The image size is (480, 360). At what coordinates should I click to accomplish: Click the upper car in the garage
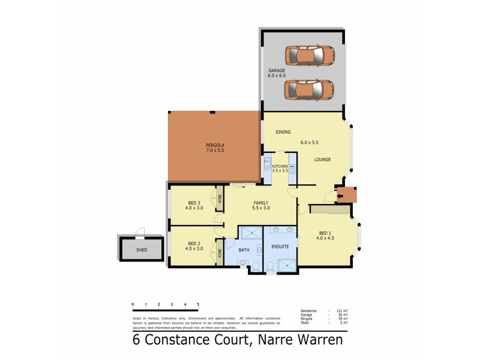(309, 56)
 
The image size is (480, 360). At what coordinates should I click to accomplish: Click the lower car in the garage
(309, 89)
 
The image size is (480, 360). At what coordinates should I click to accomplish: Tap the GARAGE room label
(277, 71)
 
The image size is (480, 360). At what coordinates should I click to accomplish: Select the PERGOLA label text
(214, 145)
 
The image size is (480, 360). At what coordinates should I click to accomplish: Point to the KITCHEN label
(280, 166)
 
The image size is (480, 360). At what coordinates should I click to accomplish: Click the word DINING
(283, 131)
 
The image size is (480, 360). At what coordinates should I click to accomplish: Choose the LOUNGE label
(322, 159)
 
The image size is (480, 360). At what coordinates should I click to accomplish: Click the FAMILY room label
(260, 203)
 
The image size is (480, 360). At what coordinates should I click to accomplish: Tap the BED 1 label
(325, 233)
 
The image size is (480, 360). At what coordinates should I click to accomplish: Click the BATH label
(244, 250)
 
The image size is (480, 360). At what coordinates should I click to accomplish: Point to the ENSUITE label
(280, 246)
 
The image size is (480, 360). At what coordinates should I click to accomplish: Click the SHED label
(142, 250)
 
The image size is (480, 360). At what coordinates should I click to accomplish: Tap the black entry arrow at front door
(340, 194)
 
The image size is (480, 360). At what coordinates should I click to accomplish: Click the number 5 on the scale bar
(198, 305)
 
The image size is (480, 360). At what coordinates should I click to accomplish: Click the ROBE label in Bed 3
(220, 199)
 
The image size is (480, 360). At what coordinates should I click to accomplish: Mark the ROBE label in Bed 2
(220, 254)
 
